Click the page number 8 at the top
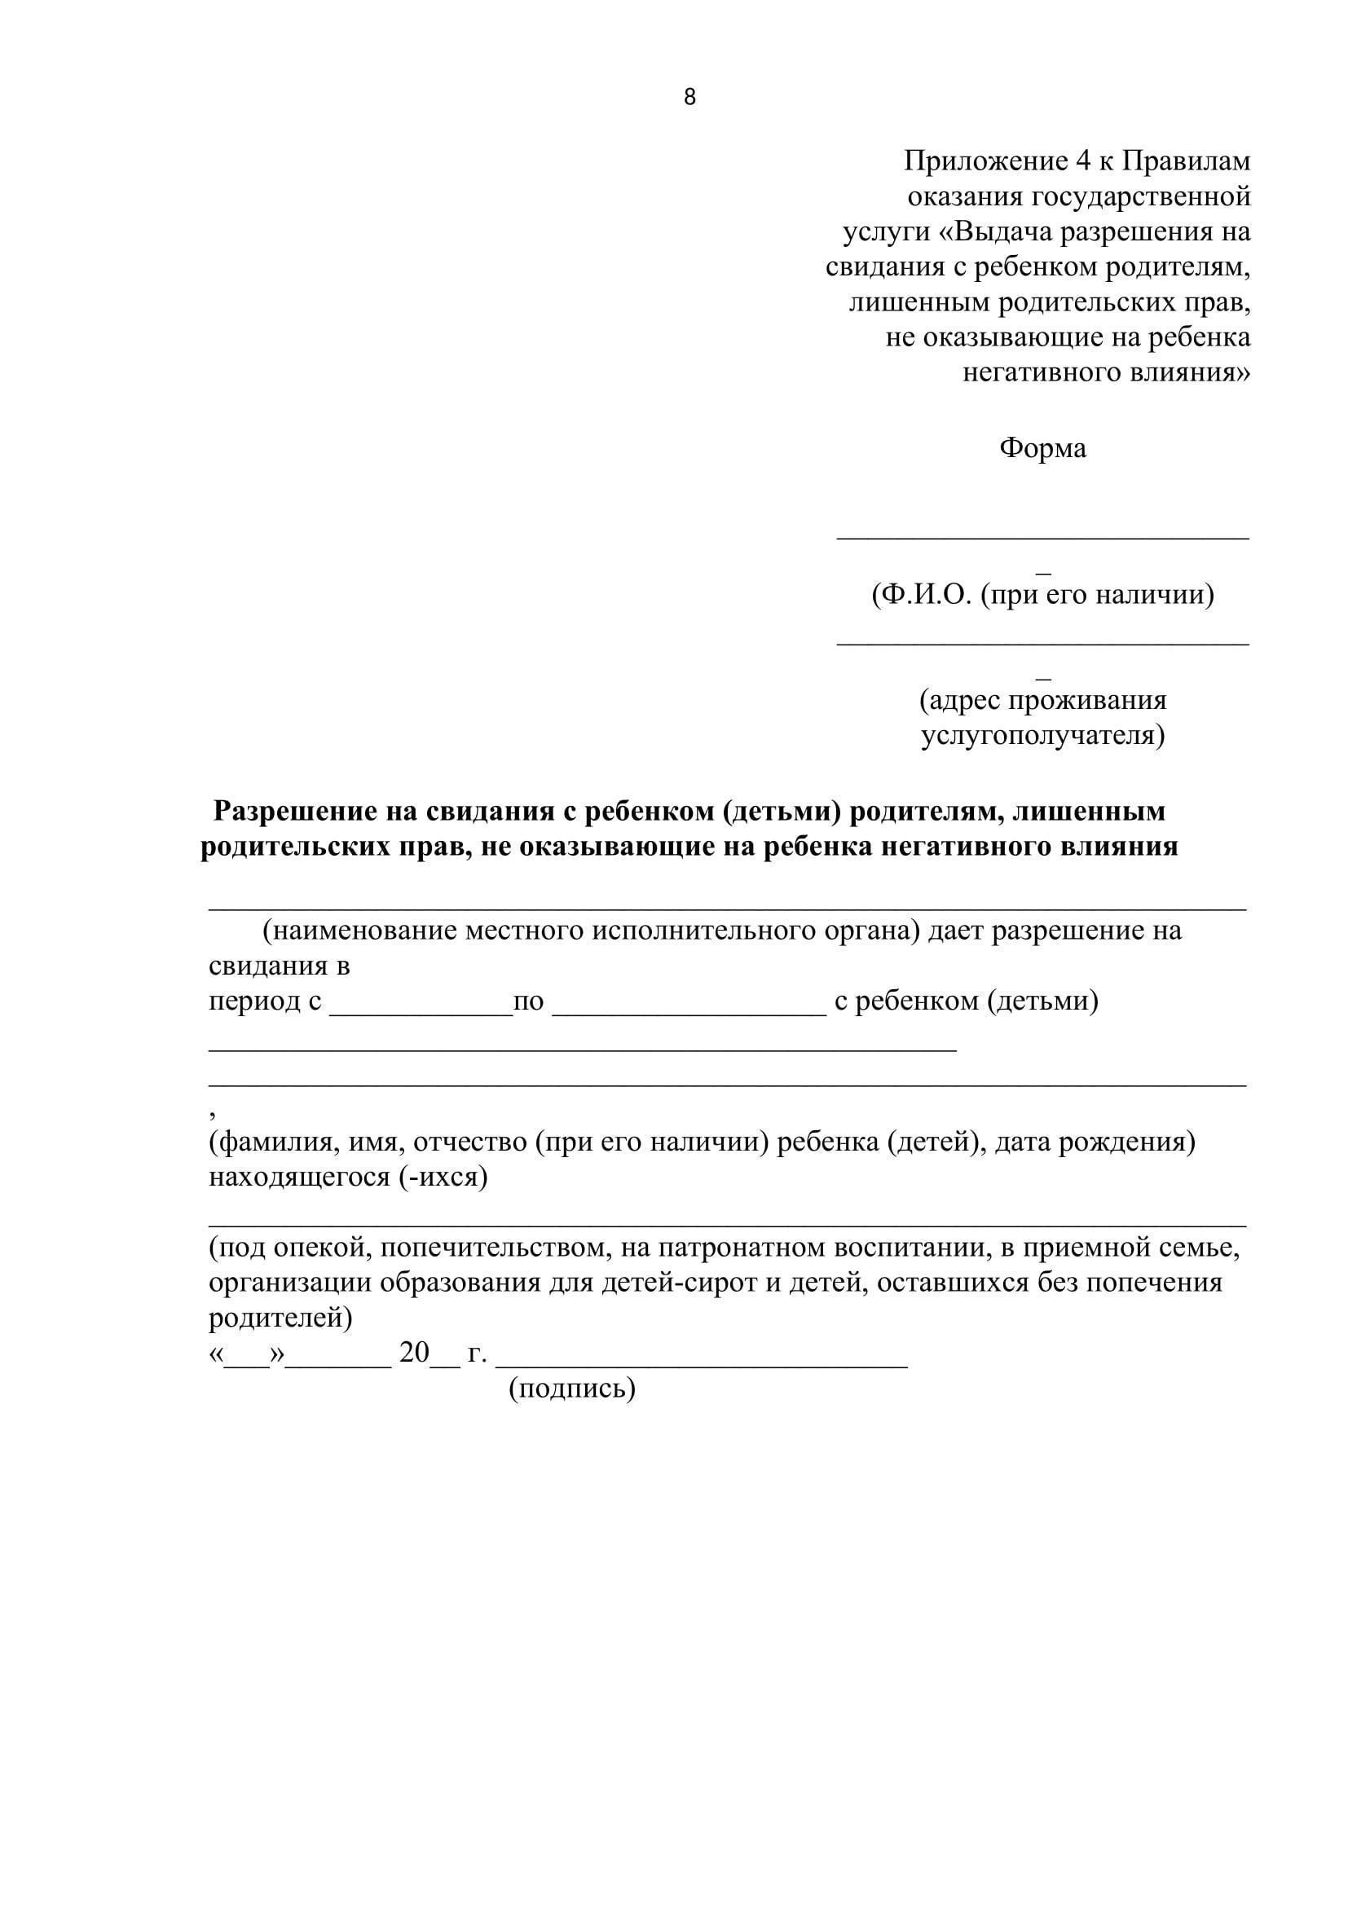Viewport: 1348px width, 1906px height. pyautogui.click(x=689, y=98)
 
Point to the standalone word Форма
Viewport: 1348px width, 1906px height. pyautogui.click(x=1042, y=448)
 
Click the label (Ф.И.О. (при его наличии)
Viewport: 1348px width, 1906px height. pyautogui.click(x=1042, y=594)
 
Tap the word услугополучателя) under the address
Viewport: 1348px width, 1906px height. pyautogui.click(x=1042, y=736)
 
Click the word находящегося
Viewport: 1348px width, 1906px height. pyautogui.click(x=299, y=1177)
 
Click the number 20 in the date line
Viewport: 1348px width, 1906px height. pyautogui.click(x=414, y=1353)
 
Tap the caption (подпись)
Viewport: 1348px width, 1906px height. pyautogui.click(x=572, y=1388)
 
